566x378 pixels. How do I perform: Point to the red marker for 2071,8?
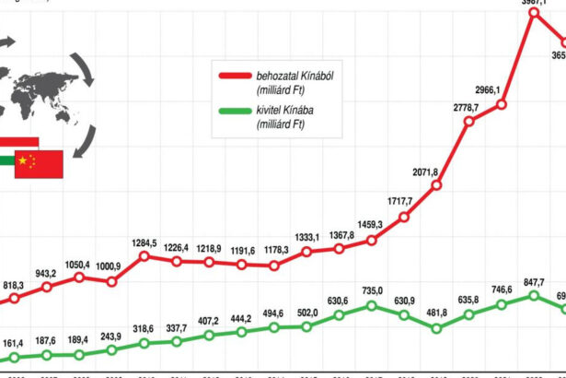click(436, 186)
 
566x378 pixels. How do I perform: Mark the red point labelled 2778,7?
click(469, 121)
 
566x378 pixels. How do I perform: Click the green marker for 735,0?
click(371, 305)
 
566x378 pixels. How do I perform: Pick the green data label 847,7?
click(535, 281)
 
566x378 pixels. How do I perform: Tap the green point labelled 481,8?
click(436, 327)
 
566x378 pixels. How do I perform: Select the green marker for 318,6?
click(145, 344)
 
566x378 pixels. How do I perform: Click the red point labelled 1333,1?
click(306, 254)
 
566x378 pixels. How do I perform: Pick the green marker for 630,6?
click(339, 314)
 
